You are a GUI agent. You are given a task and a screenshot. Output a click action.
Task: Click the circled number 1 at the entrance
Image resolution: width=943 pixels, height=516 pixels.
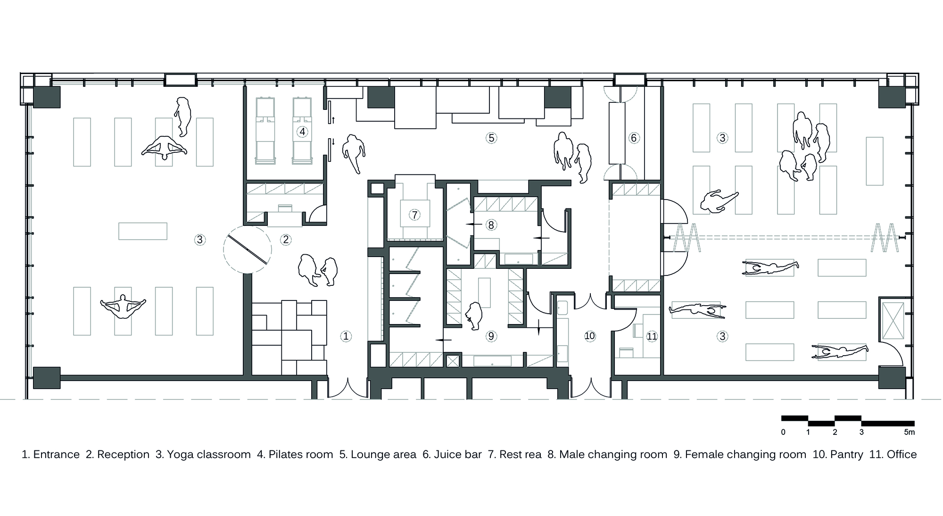346,336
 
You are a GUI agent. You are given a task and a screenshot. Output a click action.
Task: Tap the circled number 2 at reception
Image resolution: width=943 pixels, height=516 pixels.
286,240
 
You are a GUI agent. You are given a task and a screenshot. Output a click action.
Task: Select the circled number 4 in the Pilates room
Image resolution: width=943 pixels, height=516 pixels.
302,132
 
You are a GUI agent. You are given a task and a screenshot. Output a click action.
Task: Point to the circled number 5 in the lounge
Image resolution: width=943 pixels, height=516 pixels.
491,138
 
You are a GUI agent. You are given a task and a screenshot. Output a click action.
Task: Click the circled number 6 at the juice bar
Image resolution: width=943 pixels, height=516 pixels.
634,138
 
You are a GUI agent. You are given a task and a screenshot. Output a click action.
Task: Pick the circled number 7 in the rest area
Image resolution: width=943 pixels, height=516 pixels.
414,215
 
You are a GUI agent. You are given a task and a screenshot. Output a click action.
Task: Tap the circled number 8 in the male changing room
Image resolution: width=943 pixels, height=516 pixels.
491,225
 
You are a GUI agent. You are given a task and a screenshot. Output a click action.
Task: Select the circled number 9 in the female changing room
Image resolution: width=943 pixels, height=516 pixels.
491,336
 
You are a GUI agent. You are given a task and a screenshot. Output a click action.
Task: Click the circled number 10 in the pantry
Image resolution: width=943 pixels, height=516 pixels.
589,336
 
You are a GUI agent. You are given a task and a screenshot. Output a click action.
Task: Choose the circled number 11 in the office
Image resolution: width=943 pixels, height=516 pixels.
652,336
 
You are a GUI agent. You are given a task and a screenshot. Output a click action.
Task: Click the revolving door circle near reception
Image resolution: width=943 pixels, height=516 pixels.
247,250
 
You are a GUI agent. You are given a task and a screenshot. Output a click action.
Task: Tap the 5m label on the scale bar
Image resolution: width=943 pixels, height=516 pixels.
909,432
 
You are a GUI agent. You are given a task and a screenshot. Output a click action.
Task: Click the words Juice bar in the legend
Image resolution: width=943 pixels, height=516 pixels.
452,455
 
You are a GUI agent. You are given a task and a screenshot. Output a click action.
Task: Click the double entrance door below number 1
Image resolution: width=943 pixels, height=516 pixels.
347,388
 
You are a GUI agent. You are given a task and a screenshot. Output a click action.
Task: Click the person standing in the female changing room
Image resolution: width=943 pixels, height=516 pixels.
473,315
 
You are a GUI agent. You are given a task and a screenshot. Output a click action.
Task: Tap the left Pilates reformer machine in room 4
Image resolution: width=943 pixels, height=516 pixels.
265,131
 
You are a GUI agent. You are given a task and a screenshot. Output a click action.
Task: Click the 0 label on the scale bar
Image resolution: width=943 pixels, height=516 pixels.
783,432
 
